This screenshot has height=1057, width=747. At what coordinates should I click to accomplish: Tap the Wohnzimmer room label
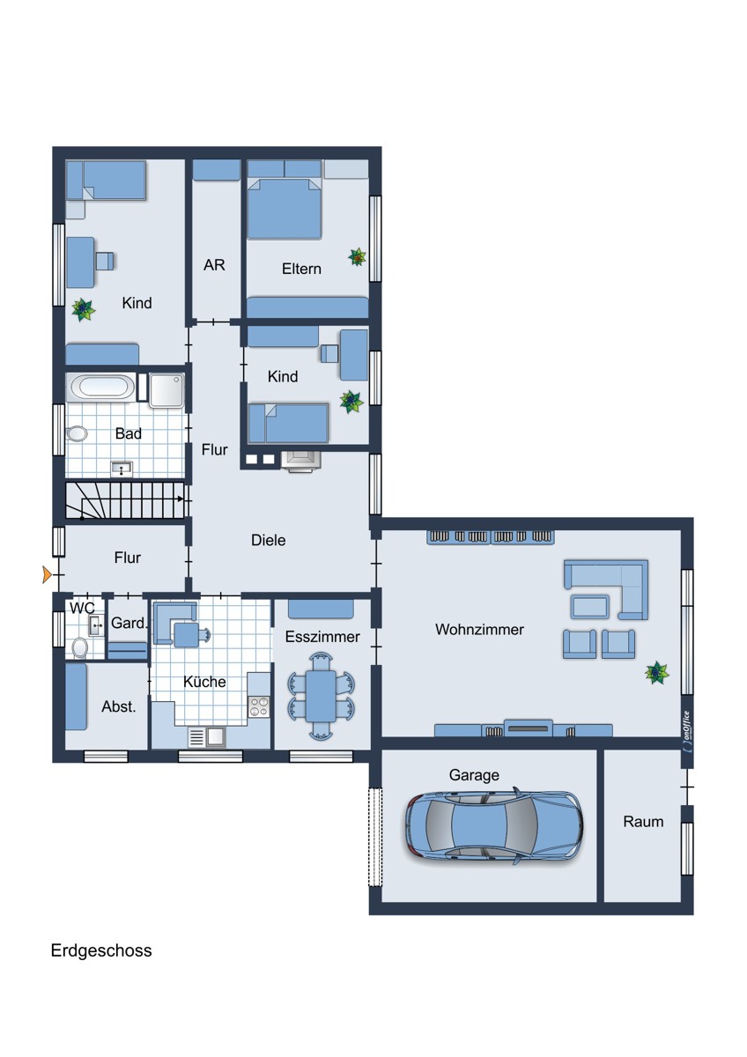click(479, 630)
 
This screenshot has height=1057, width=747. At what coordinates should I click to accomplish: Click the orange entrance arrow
click(47, 574)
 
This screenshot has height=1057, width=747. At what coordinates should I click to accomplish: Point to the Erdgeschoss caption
click(101, 950)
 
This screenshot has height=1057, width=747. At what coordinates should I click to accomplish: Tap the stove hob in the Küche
click(259, 706)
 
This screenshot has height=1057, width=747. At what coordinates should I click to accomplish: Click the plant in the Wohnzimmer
click(657, 672)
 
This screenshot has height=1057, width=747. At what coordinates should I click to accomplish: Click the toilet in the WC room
click(80, 647)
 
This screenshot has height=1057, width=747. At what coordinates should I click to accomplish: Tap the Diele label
click(268, 540)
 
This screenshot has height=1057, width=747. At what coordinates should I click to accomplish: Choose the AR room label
click(214, 265)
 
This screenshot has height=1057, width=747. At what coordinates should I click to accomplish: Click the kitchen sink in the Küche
click(207, 737)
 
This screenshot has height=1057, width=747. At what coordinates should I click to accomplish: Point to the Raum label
click(643, 822)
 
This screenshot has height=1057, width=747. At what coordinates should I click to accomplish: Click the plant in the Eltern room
click(358, 257)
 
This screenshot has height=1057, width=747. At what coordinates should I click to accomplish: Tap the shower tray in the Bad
click(166, 390)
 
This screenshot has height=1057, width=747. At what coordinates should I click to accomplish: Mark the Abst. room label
click(119, 706)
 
